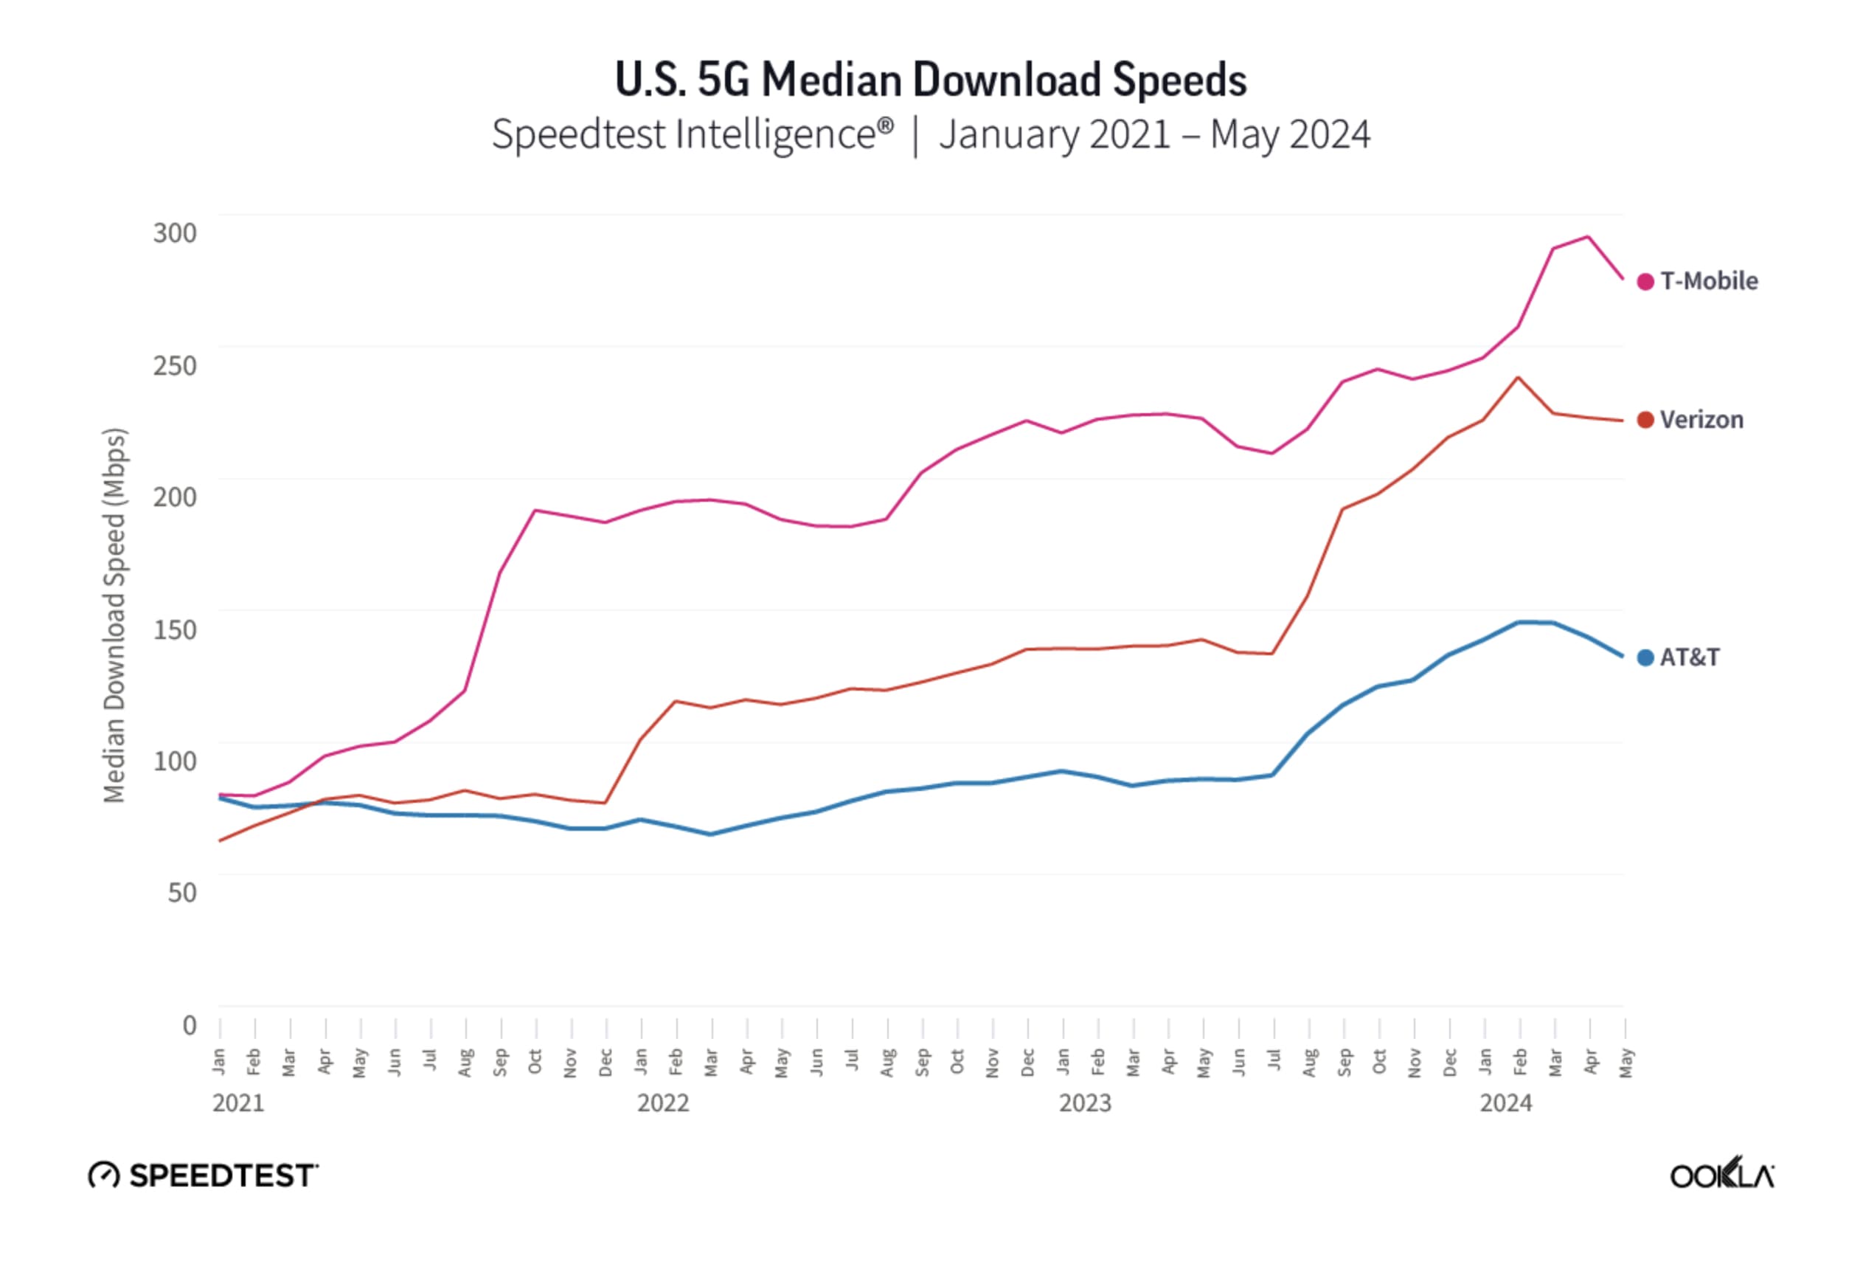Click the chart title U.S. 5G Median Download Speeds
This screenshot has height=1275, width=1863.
click(x=931, y=80)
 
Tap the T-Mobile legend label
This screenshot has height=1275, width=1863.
click(x=1708, y=281)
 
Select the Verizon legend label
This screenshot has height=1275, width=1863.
click(x=1701, y=420)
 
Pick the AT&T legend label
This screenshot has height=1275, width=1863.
click(x=1689, y=657)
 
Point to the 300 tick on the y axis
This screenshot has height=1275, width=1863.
click(x=175, y=233)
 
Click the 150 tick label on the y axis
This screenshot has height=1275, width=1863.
click(x=175, y=629)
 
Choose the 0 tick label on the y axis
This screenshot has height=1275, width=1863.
click(x=190, y=1025)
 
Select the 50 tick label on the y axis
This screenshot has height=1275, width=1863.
click(x=182, y=893)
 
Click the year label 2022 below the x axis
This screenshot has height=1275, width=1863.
click(x=663, y=1103)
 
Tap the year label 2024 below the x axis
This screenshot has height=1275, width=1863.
click(x=1505, y=1103)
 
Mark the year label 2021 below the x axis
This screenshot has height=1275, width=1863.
click(x=238, y=1103)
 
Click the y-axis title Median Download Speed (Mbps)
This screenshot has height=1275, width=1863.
click(x=114, y=615)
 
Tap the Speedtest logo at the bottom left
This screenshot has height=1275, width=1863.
click(x=204, y=1175)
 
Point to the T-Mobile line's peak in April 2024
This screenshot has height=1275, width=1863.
click(x=1588, y=237)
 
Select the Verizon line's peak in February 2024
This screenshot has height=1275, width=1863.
click(x=1519, y=377)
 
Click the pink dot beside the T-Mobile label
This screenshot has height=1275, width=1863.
click(x=1645, y=281)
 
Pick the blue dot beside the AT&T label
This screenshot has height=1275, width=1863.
click(x=1645, y=657)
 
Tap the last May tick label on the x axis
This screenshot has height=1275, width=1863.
click(x=1626, y=1062)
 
